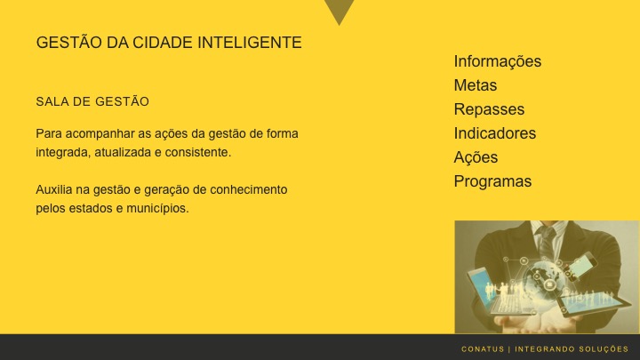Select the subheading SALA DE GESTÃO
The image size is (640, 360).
point(92,101)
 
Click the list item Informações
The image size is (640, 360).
point(497,61)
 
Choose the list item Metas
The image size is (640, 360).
point(475,85)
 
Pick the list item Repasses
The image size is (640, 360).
point(489,109)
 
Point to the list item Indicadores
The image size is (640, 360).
point(494,133)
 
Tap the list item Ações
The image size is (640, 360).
point(476,157)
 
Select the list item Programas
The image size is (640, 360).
point(492,181)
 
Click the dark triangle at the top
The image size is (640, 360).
point(339,11)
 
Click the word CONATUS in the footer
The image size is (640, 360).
point(483,348)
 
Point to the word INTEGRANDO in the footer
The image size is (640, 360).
point(544,348)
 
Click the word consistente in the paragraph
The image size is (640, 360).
point(197,153)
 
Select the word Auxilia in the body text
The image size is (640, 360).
point(54,190)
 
